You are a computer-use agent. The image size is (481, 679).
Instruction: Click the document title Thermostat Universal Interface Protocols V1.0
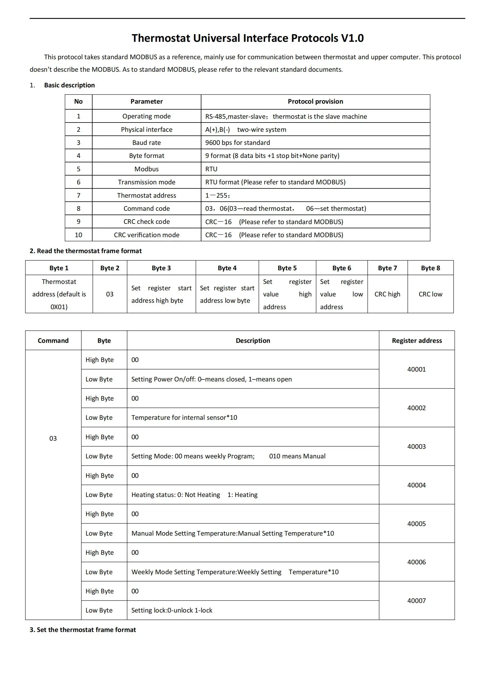click(247, 38)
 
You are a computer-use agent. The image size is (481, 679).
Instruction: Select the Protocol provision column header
click(315, 101)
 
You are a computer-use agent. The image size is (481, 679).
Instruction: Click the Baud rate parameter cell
click(146, 143)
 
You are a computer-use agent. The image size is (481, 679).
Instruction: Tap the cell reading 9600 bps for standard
click(238, 143)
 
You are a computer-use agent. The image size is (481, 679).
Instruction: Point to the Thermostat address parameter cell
click(146, 195)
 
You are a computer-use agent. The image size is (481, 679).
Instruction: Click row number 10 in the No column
click(79, 235)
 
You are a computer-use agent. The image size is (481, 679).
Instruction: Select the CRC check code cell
click(146, 221)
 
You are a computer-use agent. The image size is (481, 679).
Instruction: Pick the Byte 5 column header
click(287, 268)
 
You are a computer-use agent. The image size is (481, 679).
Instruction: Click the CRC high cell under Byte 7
click(387, 294)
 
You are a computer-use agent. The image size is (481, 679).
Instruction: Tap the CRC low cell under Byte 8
click(430, 294)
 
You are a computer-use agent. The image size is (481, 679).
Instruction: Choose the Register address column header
click(416, 341)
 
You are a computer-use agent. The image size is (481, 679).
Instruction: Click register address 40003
click(416, 446)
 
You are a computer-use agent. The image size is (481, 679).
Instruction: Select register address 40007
click(416, 600)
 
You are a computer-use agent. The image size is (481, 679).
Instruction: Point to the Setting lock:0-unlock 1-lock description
click(172, 610)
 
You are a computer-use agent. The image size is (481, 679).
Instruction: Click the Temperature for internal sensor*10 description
click(184, 417)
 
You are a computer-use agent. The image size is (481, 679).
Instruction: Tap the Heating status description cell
click(194, 494)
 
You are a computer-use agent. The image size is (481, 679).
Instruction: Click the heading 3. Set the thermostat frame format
click(83, 630)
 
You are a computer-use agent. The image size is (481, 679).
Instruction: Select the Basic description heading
click(69, 85)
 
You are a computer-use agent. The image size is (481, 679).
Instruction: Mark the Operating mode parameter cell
click(146, 116)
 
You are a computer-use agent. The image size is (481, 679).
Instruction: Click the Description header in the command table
click(253, 341)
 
